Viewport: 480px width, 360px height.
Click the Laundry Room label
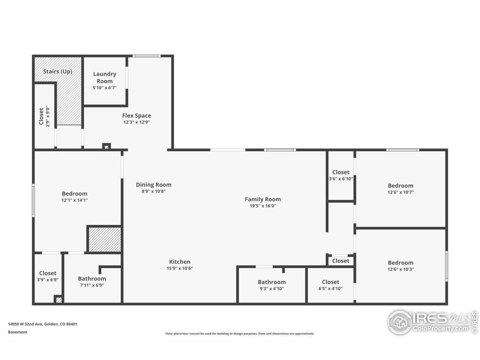click(x=105, y=77)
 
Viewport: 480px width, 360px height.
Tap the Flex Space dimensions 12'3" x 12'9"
click(x=137, y=122)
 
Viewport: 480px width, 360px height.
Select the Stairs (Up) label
click(x=58, y=72)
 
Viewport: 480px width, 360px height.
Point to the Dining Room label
click(x=154, y=184)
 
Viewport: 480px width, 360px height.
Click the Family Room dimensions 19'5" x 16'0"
click(x=263, y=206)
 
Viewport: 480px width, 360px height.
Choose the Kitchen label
click(x=180, y=262)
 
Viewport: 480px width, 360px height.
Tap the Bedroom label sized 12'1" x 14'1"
click(x=74, y=193)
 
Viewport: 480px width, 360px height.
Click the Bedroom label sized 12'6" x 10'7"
click(x=400, y=185)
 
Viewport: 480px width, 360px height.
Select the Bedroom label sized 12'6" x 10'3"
click(x=400, y=263)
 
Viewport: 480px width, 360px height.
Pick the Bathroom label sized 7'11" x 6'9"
click(x=92, y=279)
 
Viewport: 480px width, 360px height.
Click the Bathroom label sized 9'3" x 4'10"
click(x=271, y=282)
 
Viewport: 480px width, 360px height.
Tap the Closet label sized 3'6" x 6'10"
click(x=341, y=172)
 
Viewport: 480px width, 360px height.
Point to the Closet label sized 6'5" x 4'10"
click(x=330, y=282)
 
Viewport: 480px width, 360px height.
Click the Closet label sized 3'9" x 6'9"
click(x=47, y=273)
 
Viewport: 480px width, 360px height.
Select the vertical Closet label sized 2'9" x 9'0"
click(x=41, y=116)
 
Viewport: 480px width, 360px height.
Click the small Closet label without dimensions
click(x=340, y=261)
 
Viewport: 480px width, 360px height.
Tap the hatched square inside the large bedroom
click(x=104, y=240)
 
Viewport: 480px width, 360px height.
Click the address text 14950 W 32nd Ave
click(x=26, y=324)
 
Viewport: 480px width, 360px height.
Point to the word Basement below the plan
click(x=17, y=332)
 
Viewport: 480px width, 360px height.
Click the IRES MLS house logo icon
click(x=400, y=322)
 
